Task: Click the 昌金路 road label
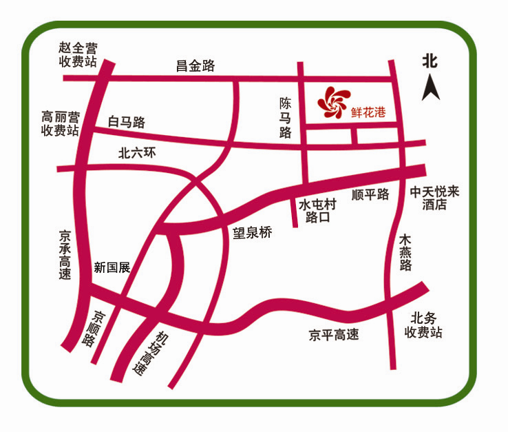195,65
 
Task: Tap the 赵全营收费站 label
78,55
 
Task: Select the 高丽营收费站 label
60,123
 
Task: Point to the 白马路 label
127,123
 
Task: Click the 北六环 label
138,154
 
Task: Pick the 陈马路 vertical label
286,118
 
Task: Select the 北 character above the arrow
430,61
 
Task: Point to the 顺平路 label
370,195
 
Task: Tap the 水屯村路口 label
317,211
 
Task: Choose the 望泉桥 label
252,233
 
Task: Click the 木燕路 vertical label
406,252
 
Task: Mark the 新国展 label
112,268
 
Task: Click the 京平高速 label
334,336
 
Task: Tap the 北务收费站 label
423,325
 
